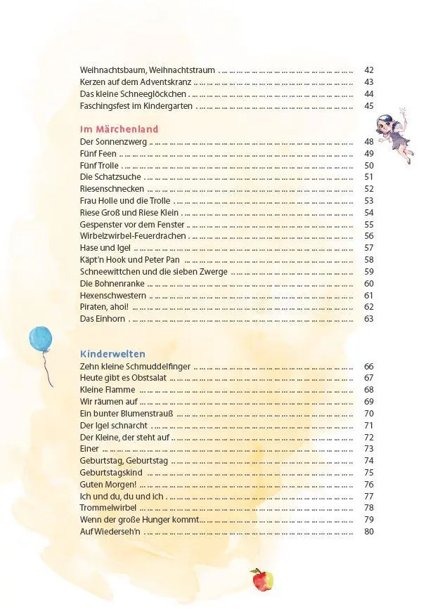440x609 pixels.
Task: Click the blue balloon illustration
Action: tap(40, 341)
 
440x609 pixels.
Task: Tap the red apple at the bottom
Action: tap(261, 579)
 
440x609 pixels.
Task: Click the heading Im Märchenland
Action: tap(119, 129)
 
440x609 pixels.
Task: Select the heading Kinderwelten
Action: tap(112, 354)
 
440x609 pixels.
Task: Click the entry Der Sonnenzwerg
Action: tap(113, 142)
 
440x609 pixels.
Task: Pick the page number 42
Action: tap(369, 70)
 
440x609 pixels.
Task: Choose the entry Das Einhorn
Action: tap(103, 319)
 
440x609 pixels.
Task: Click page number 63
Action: tap(369, 319)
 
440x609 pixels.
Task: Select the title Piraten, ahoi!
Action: tap(104, 307)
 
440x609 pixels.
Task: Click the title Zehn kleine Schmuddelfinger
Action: tap(135, 367)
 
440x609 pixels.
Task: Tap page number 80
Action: tap(369, 532)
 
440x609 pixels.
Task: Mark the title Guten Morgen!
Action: tap(108, 485)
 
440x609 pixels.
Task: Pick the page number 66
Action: tap(369, 367)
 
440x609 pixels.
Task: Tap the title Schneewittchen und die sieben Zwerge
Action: tap(153, 272)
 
